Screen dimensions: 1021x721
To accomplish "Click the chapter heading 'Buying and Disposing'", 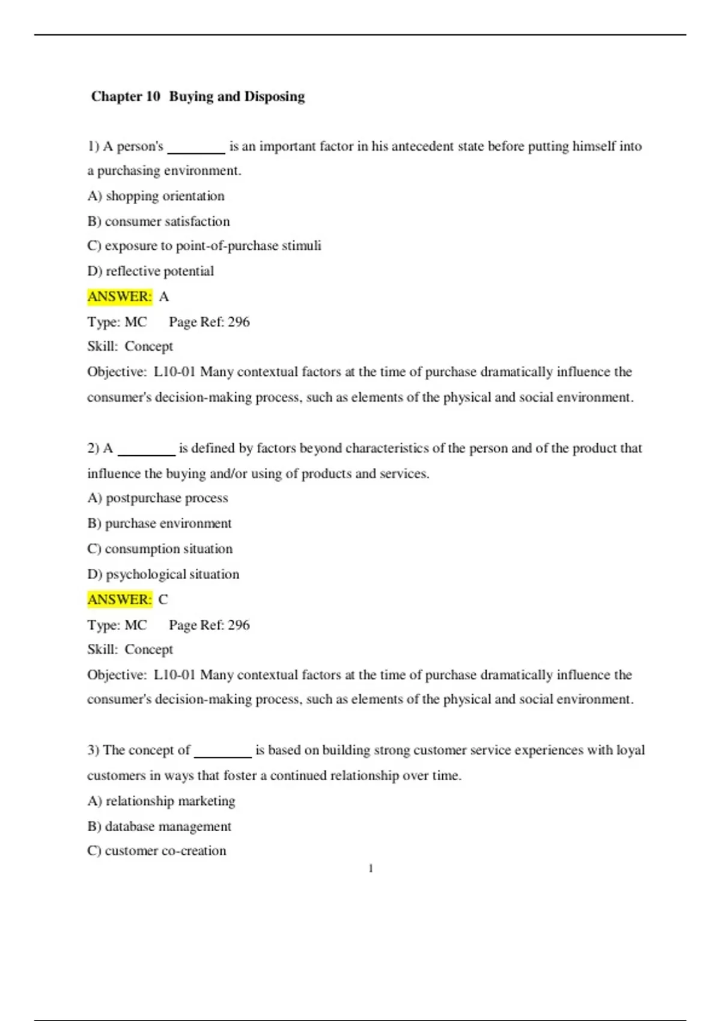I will tap(198, 97).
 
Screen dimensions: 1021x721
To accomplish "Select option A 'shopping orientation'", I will tap(156, 196).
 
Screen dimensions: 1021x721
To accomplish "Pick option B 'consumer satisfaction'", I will tap(159, 222).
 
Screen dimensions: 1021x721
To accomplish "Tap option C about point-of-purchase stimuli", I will tap(204, 246).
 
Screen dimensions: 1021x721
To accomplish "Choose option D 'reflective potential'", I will tap(151, 271).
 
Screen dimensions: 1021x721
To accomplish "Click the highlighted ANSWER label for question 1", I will tap(120, 297).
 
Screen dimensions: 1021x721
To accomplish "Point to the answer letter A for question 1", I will tap(164, 297).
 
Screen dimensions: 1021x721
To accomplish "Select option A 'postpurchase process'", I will tap(158, 498).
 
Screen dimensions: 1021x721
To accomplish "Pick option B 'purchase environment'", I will tap(160, 524).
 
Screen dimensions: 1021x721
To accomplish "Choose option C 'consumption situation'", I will tap(160, 549).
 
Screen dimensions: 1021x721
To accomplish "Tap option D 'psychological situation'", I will tap(163, 575).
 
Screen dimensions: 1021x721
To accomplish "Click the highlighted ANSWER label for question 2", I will tap(120, 599).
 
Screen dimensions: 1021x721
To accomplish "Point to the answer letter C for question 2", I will tap(163, 599).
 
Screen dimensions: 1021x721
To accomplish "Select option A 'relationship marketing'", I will tap(162, 801).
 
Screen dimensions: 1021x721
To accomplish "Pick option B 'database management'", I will tap(159, 827).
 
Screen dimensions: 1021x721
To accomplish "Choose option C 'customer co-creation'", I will tap(157, 851).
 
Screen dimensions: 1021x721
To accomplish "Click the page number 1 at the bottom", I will tap(371, 868).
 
